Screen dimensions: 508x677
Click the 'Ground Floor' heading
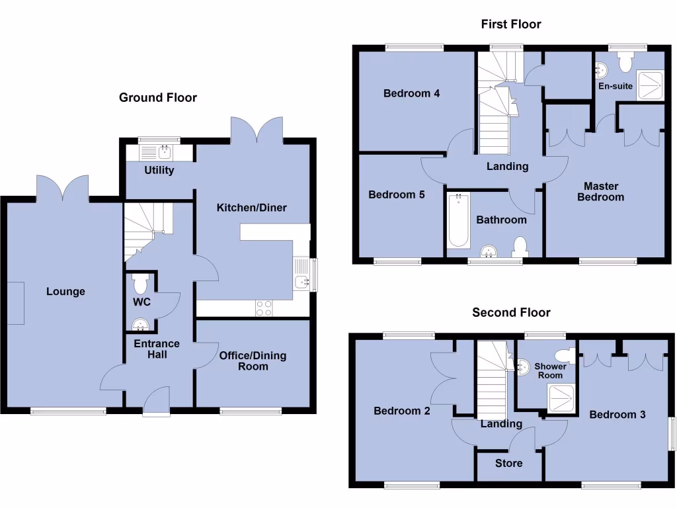[x=158, y=98]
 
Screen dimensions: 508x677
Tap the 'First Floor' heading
[x=511, y=24]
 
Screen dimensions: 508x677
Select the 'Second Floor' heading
[x=511, y=312]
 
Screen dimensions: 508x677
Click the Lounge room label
[x=65, y=291]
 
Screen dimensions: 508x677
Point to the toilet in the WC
[x=140, y=284]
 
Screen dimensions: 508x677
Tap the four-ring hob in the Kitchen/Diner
[x=264, y=308]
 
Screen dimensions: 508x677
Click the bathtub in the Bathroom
[x=458, y=220]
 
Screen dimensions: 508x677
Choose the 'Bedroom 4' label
[x=411, y=93]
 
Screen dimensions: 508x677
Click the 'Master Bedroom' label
[x=600, y=192]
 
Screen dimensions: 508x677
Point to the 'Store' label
[x=509, y=463]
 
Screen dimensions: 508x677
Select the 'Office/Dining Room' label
[x=253, y=360]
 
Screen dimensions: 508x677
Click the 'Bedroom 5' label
[x=396, y=194]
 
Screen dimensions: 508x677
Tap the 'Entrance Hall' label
[x=157, y=349]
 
